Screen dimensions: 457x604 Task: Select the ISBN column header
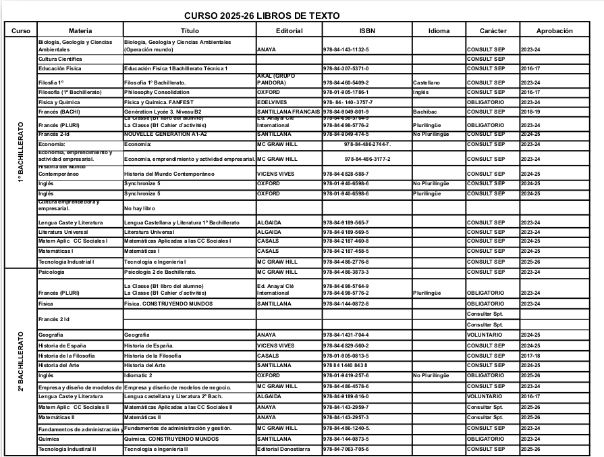coord(367,30)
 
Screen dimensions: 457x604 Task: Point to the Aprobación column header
coord(554,30)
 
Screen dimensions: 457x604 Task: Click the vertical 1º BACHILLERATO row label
coord(21,152)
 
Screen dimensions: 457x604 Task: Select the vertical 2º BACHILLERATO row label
coord(21,361)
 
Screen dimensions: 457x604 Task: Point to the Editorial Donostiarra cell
coord(287,449)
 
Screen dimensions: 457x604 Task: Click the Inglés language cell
coord(420,92)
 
